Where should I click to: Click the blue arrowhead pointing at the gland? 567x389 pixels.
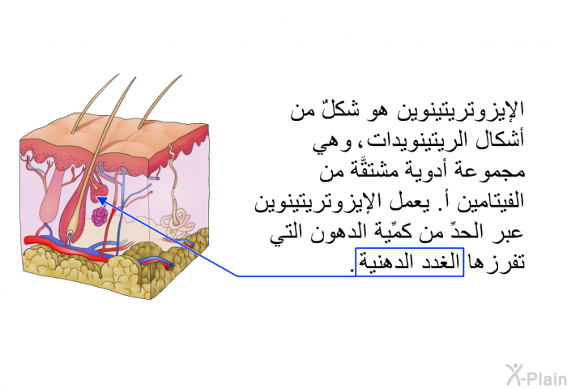pos(101,200)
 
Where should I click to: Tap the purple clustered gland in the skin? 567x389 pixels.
pos(99,216)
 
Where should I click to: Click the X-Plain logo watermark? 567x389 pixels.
pos(536,375)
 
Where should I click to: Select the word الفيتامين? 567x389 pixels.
pos(485,202)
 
